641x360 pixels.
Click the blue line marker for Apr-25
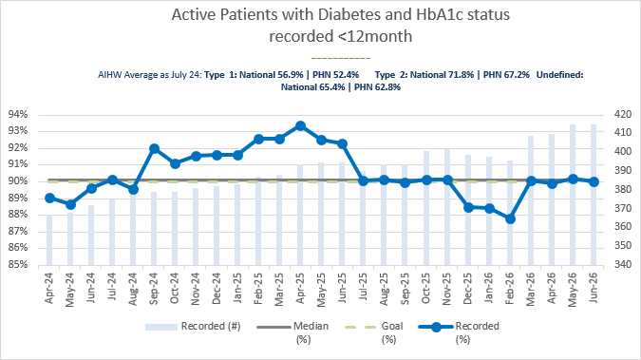[300, 126]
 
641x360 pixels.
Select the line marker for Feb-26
[510, 218]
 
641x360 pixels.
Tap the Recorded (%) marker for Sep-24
[154, 148]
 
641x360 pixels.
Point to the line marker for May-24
[70, 204]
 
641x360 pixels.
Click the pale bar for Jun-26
[594, 195]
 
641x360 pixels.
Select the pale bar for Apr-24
[49, 240]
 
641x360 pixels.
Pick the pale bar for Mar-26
[531, 200]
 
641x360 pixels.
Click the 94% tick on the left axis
[18, 115]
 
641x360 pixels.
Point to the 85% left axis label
[18, 265]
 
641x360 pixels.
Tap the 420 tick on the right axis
[623, 115]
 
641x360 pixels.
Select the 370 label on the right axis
[623, 208]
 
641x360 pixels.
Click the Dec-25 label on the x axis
[467, 289]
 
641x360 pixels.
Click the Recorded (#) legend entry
[193, 327]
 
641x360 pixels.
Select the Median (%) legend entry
[293, 332]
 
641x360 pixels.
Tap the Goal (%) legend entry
[374, 332]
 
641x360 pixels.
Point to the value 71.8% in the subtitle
[462, 75]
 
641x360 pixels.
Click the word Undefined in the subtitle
[559, 75]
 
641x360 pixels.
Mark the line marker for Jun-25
[342, 144]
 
